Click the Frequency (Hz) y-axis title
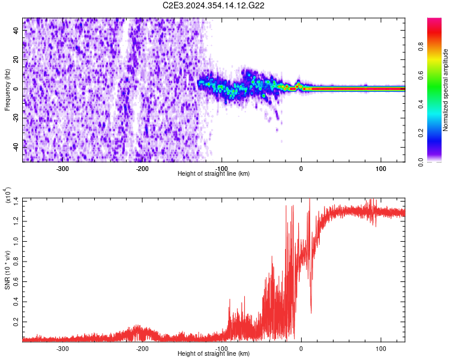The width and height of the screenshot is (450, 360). [x=7, y=89]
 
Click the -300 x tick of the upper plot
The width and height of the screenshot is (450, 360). [x=63, y=168]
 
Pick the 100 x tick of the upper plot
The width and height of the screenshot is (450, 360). [x=380, y=168]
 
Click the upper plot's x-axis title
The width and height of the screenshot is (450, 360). [x=214, y=174]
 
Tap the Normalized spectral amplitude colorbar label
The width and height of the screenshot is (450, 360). [x=446, y=89]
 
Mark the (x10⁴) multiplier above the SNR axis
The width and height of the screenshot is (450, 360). [x=9, y=195]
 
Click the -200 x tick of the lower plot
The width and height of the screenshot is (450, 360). [x=142, y=348]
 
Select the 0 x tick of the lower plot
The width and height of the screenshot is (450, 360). [x=301, y=348]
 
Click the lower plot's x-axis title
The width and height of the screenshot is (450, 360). [x=214, y=354]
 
